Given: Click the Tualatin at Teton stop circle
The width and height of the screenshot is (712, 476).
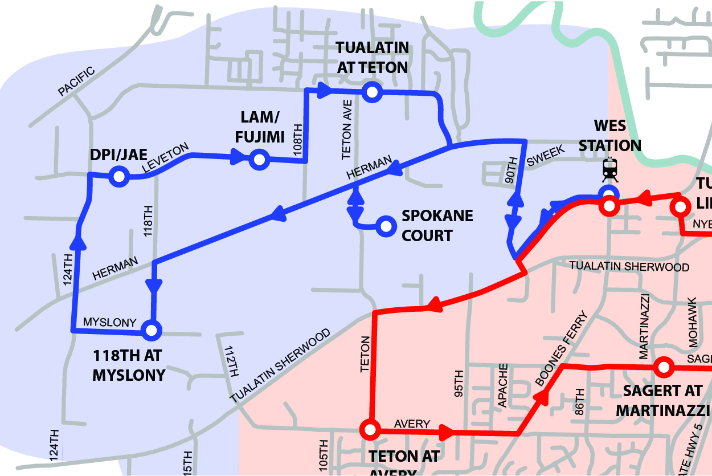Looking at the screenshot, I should [x=372, y=92].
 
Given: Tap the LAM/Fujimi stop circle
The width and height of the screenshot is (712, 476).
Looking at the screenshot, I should [x=259, y=160].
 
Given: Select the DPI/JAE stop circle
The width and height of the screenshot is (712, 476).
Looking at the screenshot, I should [x=120, y=177].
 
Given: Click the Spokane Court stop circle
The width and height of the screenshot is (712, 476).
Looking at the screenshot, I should [x=386, y=226].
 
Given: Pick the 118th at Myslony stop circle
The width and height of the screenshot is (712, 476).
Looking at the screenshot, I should [x=152, y=329].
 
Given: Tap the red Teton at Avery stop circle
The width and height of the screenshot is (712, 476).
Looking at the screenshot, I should [x=370, y=429].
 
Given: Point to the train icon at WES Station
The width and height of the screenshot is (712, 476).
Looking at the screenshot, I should [x=609, y=169].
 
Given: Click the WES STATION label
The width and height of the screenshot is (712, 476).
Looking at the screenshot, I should [x=610, y=136].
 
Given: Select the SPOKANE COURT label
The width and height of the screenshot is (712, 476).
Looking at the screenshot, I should [x=437, y=226].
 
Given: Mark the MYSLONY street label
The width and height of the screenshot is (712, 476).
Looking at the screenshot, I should [x=110, y=322].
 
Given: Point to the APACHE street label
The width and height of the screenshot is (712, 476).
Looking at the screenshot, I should [x=502, y=385].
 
